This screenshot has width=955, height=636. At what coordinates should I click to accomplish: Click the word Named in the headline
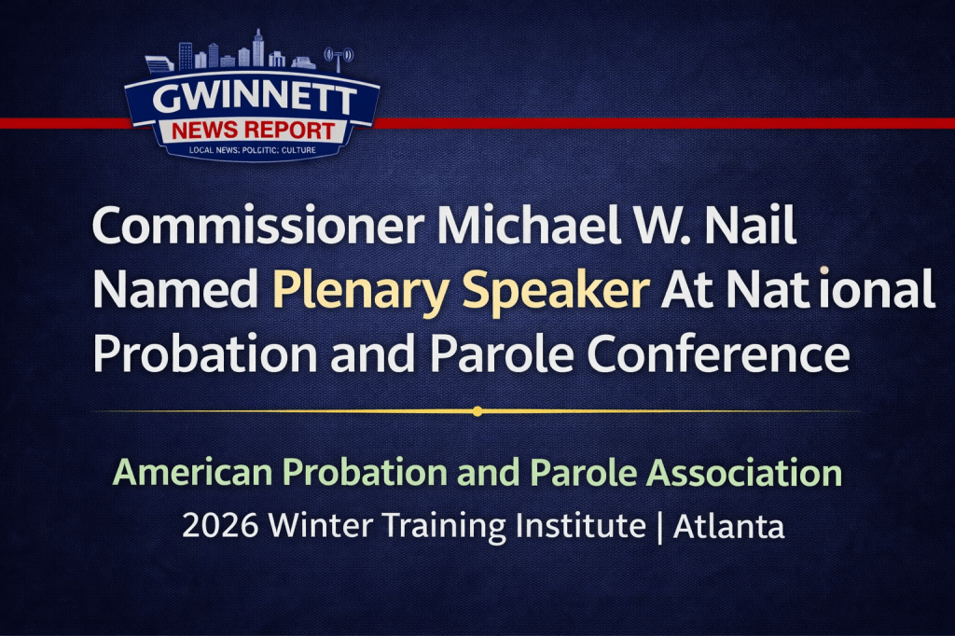coord(175,292)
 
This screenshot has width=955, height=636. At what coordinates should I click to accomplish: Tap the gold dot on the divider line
coord(477,410)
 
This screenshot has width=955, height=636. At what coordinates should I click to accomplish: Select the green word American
coord(192,473)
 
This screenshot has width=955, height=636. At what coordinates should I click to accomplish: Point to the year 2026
coord(220,527)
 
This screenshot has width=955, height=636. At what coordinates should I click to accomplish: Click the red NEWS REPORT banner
coord(253,130)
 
